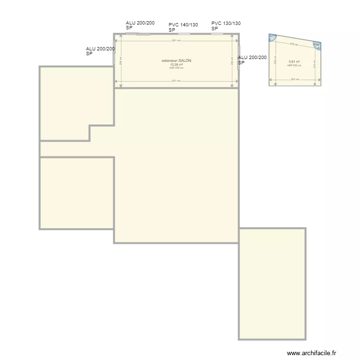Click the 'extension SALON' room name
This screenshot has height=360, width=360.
click(x=176, y=60)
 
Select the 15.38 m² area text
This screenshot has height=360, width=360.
click(x=176, y=64)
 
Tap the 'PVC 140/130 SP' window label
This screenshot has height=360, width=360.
click(x=183, y=27)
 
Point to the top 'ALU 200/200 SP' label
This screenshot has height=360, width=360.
click(x=140, y=25)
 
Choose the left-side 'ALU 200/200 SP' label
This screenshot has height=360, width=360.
click(x=100, y=51)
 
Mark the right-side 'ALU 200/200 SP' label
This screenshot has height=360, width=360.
click(x=252, y=60)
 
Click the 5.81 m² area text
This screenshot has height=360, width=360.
click(x=294, y=62)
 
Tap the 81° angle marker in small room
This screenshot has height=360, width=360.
click(x=273, y=37)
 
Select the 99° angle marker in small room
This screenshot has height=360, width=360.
click(x=317, y=46)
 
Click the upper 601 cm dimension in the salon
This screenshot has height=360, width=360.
click(x=176, y=40)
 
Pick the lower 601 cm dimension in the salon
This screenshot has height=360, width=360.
click(x=176, y=81)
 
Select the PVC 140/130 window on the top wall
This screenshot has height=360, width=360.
click(x=184, y=34)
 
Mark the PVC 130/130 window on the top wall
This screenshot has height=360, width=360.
click(x=217, y=34)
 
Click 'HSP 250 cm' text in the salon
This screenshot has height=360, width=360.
click(x=176, y=68)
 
